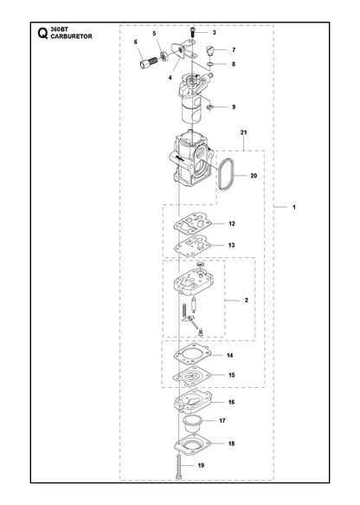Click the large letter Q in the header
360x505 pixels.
point(42,33)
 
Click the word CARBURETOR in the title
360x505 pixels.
point(71,36)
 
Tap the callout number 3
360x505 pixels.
point(215,33)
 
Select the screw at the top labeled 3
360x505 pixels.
point(192,33)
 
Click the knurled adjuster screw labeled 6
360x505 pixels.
point(148,62)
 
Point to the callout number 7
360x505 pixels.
point(234,50)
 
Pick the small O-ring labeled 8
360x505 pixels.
point(209,64)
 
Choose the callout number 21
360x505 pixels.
point(243,133)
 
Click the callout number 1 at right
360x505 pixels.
point(293,207)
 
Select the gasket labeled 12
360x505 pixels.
point(192,223)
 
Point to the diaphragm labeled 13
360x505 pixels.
point(192,246)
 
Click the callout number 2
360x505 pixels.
point(247,301)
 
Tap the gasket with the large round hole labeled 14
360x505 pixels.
point(192,355)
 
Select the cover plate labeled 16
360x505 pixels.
point(193,403)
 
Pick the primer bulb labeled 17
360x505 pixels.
point(192,424)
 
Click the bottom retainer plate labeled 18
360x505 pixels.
point(192,444)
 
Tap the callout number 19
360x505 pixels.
point(201,465)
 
